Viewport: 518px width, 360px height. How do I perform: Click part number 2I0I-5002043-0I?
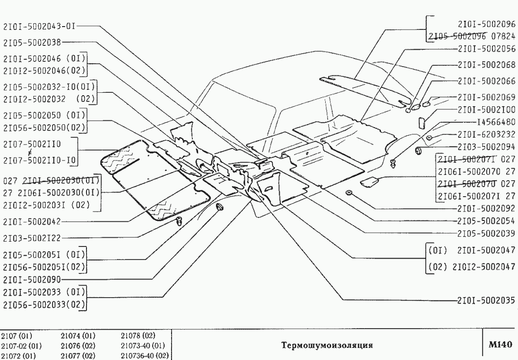pyautogui.click(x=40, y=26)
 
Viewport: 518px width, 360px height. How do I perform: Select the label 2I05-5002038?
pyautogui.click(x=32, y=42)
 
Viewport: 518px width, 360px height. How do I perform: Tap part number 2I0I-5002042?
pyautogui.click(x=32, y=222)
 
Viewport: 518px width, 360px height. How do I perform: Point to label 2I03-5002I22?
pyautogui.click(x=32, y=238)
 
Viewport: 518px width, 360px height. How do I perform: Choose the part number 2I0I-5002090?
pyautogui.click(x=32, y=280)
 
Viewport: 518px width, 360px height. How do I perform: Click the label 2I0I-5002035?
pyautogui.click(x=486, y=300)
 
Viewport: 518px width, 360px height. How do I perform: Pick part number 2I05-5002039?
pyautogui.click(x=486, y=233)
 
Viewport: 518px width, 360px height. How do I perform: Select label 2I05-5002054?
pyautogui.click(x=486, y=221)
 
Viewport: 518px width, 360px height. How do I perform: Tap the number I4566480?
pyautogui.click(x=496, y=122)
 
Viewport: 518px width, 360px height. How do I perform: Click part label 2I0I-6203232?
pyautogui.click(x=486, y=134)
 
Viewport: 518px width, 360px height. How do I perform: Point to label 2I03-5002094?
pyautogui.click(x=486, y=146)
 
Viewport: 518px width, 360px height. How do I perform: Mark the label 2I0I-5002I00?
pyautogui.click(x=486, y=110)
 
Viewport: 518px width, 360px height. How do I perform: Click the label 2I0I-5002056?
pyautogui.click(x=486, y=49)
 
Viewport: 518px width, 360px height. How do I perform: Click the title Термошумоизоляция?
pyautogui.click(x=327, y=346)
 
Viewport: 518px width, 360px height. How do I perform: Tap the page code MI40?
pyautogui.click(x=501, y=345)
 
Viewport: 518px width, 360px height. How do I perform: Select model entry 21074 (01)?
pyautogui.click(x=78, y=336)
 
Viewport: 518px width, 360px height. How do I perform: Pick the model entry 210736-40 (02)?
pyautogui.click(x=145, y=356)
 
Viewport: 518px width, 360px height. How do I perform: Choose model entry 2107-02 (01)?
pyautogui.click(x=21, y=346)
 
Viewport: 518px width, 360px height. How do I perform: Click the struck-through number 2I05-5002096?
pyautogui.click(x=458, y=36)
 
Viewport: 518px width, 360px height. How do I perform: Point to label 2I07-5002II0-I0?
pyautogui.click(x=40, y=160)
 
